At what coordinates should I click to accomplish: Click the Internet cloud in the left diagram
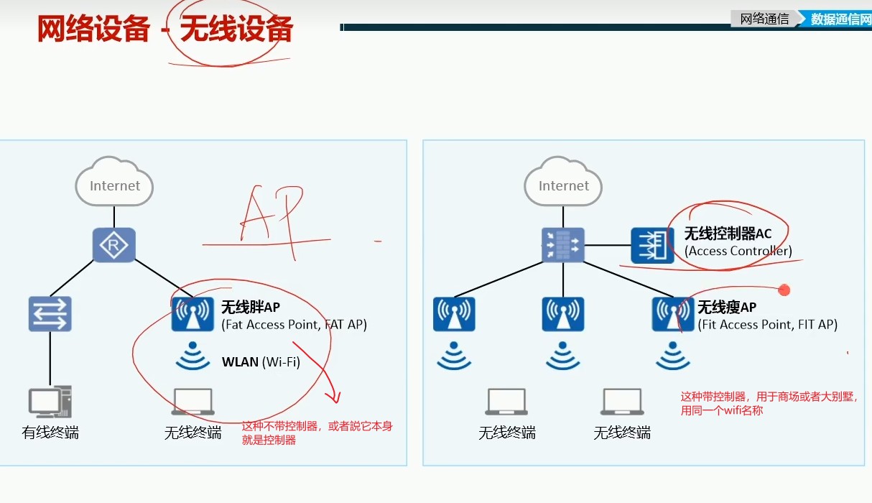coord(114,184)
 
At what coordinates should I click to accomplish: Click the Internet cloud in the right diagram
coord(563,184)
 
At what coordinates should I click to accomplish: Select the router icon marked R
coord(114,246)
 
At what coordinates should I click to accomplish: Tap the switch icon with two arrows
coord(50,314)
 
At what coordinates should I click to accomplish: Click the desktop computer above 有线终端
coord(50,402)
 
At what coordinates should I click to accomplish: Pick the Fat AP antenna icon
coord(193,315)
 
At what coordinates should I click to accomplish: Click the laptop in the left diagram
coord(193,402)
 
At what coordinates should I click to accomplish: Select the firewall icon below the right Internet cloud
coord(563,246)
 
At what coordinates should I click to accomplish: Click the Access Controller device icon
coord(652,246)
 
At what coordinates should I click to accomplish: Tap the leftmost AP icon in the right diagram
coord(454,314)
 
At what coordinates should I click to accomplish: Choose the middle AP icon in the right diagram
coord(563,314)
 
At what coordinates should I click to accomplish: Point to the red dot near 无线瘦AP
coord(784,290)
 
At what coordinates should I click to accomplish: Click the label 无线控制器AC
coord(727,234)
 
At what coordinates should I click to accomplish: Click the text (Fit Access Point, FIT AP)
coord(767,325)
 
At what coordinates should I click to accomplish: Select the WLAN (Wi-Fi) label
coord(261,362)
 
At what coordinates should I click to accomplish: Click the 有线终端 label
coord(50,433)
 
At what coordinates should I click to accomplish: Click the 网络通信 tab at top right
coord(764,19)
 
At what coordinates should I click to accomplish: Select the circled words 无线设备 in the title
coord(236,30)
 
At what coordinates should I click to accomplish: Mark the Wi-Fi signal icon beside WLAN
coord(193,358)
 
